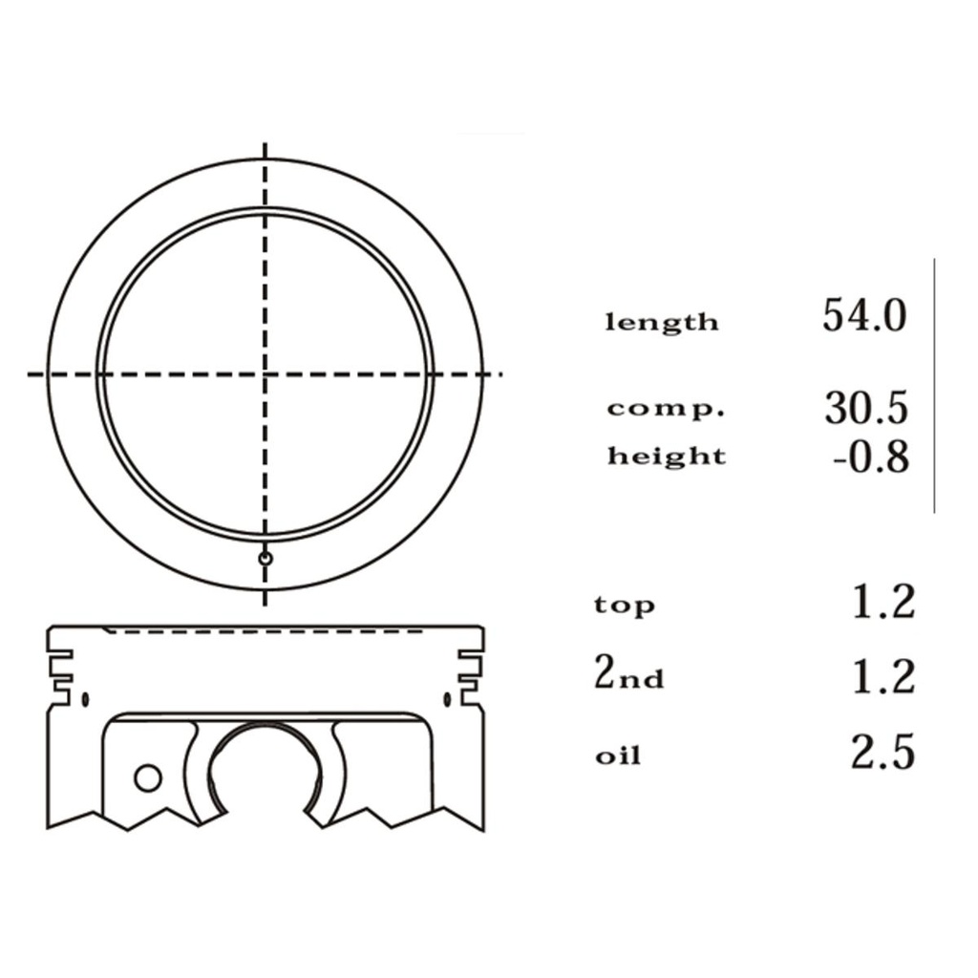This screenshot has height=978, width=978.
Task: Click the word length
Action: click(x=662, y=323)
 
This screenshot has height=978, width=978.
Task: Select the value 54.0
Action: click(x=863, y=316)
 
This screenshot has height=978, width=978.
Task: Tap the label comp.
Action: click(x=667, y=410)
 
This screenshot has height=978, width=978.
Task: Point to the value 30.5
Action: click(x=865, y=408)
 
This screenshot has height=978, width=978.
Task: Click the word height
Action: click(x=667, y=457)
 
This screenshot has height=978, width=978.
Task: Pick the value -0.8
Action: click(x=869, y=458)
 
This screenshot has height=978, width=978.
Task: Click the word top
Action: click(x=625, y=606)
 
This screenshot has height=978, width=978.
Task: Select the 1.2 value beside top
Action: click(x=882, y=603)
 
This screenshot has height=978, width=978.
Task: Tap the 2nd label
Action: click(x=628, y=675)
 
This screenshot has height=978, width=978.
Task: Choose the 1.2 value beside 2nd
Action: click(x=882, y=676)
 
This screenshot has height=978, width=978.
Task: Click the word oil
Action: click(x=618, y=757)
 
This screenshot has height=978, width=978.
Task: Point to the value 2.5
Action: click(x=882, y=753)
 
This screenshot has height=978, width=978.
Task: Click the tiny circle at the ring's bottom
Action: click(x=266, y=558)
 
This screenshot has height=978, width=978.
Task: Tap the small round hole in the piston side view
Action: click(x=147, y=777)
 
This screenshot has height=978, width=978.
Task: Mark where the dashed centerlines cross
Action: click(x=266, y=374)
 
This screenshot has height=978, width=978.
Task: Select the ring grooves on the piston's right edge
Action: click(x=471, y=671)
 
